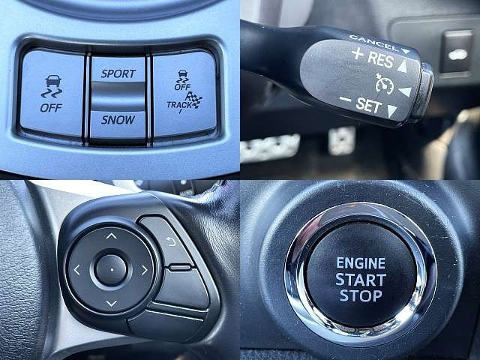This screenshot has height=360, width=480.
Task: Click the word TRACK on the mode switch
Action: coord(179,105)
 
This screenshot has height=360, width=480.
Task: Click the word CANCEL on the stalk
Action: coord(373,42)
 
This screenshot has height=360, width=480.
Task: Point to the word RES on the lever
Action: coord(380,59)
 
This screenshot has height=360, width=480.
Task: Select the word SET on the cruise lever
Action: coord(369,105)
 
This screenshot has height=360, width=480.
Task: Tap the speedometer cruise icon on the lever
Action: coord(384,84)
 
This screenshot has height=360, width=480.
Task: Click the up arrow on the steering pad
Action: coord(112,235)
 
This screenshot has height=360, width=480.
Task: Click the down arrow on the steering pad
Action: coord(111,303)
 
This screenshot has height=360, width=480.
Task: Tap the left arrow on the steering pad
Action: coord(76,270)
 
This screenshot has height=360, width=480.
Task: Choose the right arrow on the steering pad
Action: coord(145,270)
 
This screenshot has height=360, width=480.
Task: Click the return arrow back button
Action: coord(172,241)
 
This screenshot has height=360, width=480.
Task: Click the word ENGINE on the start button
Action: coord(361,263)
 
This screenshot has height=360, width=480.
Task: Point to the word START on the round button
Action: coord(361,280)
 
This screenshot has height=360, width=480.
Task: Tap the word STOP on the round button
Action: coord(361,296)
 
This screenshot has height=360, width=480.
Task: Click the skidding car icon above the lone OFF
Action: coord(52,86)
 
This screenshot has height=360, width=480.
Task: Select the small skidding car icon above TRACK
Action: coord(181,76)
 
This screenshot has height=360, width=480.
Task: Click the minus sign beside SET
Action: coord(346,100)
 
